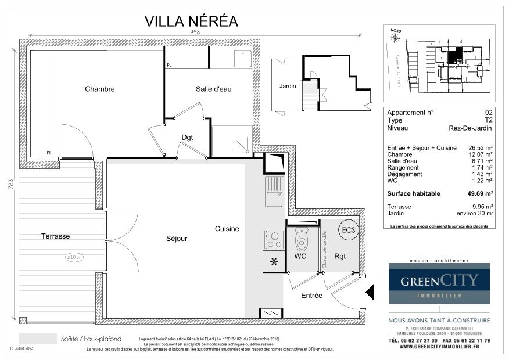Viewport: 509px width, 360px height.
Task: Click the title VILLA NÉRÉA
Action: click(x=191, y=21)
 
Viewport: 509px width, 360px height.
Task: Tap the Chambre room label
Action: click(x=100, y=89)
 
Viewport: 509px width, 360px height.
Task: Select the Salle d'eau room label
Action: click(x=213, y=89)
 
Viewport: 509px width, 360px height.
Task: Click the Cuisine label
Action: click(x=227, y=229)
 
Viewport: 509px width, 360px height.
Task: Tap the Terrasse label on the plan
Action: click(x=55, y=236)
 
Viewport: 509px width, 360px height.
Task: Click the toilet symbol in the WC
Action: click(x=301, y=239)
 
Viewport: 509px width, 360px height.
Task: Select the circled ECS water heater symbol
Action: click(x=347, y=229)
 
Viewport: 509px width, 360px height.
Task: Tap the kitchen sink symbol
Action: click(x=274, y=198)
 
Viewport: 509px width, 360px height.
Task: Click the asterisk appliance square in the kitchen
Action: click(x=273, y=261)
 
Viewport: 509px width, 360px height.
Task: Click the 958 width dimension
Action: click(x=195, y=33)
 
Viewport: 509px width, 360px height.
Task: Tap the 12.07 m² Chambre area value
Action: click(x=481, y=154)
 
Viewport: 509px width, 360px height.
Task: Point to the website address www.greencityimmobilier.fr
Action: click(x=439, y=347)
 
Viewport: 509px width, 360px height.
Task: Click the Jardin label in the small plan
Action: click(x=288, y=86)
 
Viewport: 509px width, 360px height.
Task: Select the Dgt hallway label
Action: click(x=187, y=138)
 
